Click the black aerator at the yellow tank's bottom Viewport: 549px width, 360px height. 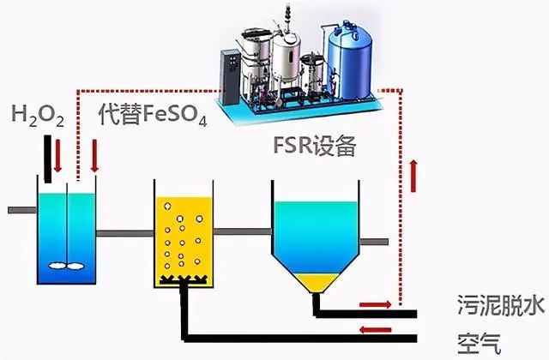point(183,279)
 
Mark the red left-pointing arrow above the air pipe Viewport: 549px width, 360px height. point(371,328)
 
